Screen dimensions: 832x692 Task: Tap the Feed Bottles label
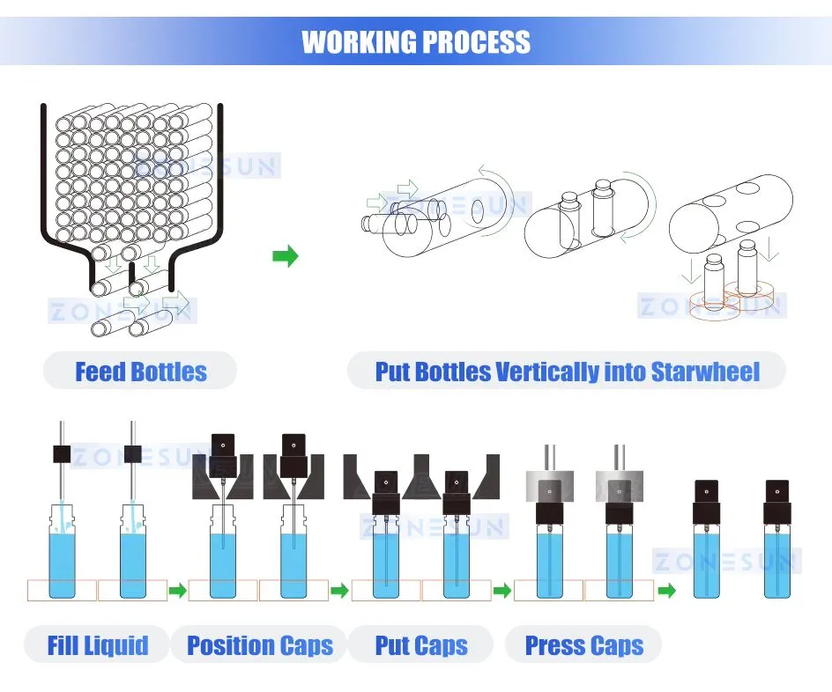[x=141, y=372]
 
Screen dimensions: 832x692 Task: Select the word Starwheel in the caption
[x=705, y=372]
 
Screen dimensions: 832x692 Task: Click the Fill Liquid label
[x=98, y=645]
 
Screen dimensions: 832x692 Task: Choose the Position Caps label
[x=260, y=645]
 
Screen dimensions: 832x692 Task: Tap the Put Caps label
[x=421, y=645]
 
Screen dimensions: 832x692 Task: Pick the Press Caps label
[x=584, y=645]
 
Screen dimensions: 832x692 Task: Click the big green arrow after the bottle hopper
[x=286, y=256]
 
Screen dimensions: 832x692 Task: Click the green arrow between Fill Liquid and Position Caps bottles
[x=178, y=590]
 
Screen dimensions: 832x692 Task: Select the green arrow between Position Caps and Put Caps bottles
[x=339, y=590]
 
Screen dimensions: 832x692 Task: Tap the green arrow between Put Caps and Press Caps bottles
[x=502, y=590]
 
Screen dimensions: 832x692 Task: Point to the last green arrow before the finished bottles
[x=667, y=590]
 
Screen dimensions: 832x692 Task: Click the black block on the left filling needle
[x=62, y=454]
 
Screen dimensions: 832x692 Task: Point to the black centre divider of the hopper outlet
[x=132, y=274]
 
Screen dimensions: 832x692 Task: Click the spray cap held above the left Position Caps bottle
[x=223, y=456]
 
